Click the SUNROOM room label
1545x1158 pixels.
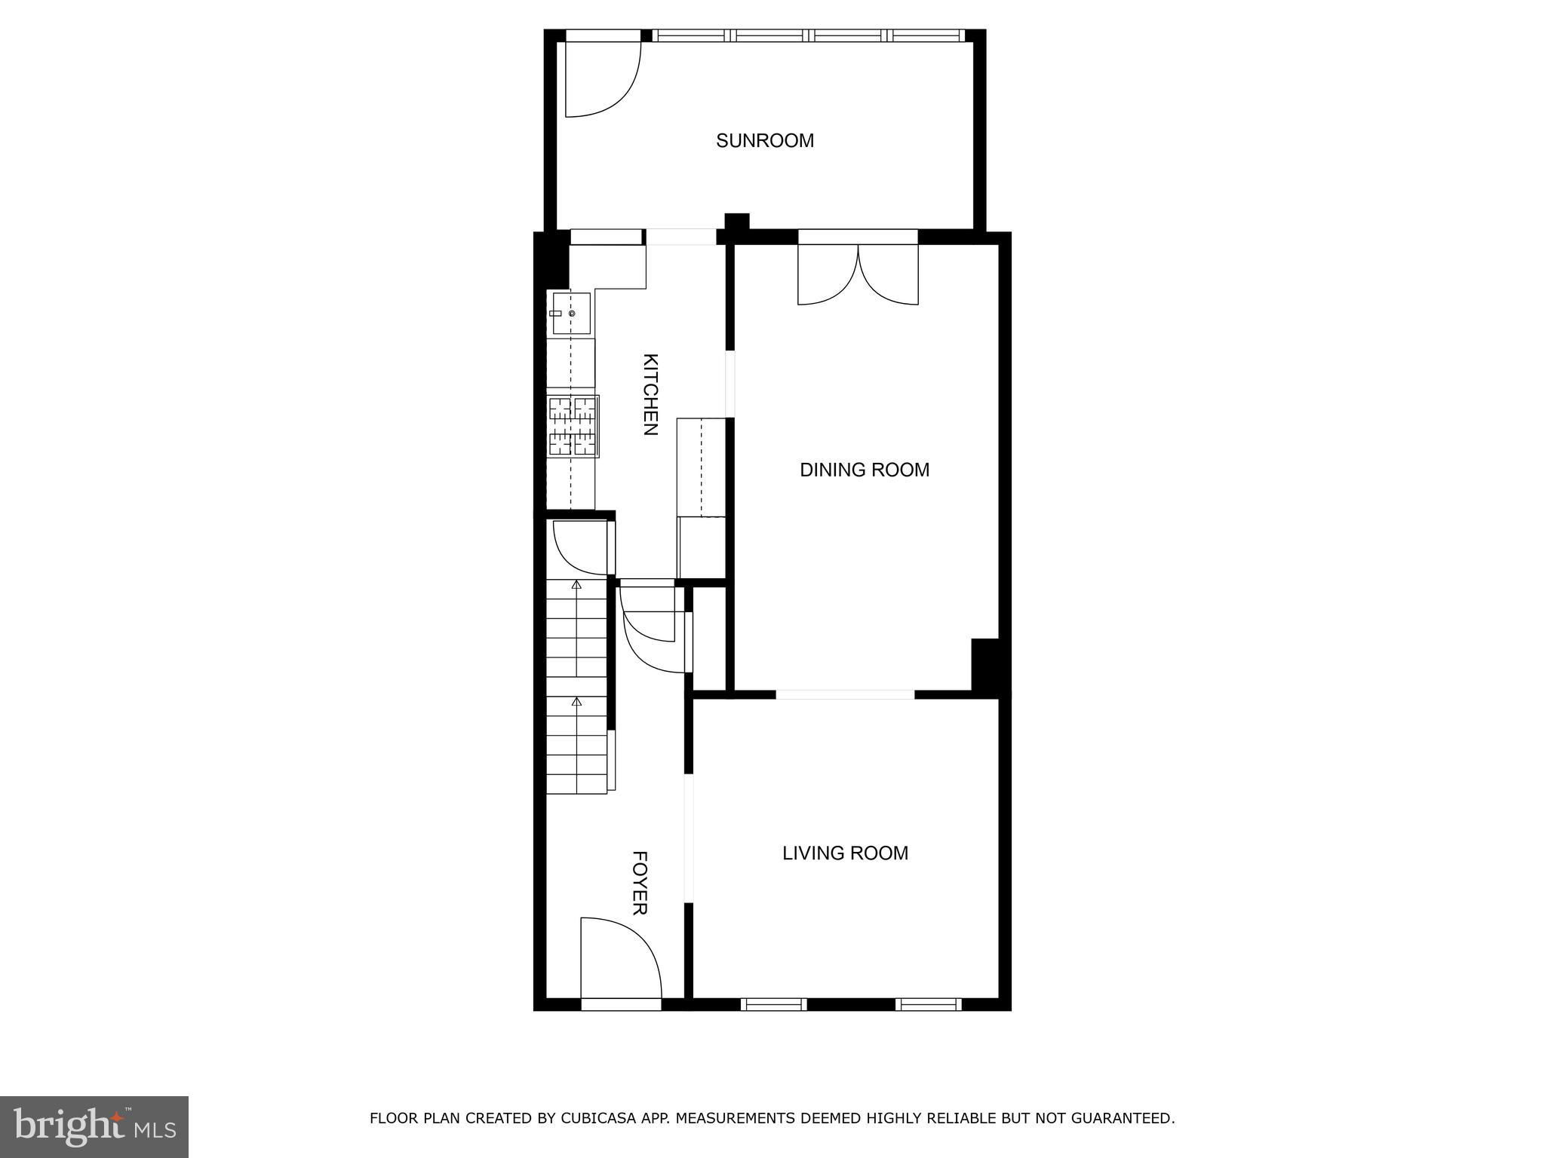click(x=765, y=141)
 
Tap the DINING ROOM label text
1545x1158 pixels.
click(x=865, y=470)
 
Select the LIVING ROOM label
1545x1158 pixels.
click(x=845, y=853)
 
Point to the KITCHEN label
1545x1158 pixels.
click(x=650, y=394)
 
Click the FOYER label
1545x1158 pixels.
click(x=640, y=883)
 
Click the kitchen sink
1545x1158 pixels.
click(x=571, y=314)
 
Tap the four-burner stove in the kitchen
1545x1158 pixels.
click(x=573, y=426)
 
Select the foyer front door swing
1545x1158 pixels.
click(x=621, y=957)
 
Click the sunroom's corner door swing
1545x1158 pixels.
click(x=604, y=79)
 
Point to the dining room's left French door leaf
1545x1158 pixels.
click(x=828, y=275)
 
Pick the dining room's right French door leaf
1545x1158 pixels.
click(x=889, y=275)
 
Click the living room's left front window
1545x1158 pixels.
click(x=773, y=1004)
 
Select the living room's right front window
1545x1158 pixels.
click(x=929, y=1004)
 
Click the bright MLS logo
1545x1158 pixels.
click(x=94, y=1126)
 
